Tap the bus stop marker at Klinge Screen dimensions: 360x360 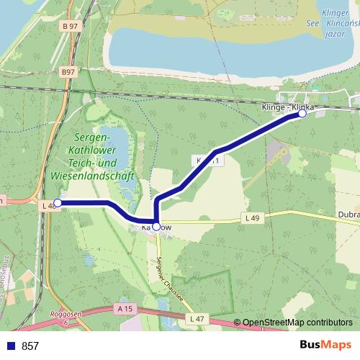click(302, 113)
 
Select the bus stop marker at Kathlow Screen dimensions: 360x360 click(156, 226)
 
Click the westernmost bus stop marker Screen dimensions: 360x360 click(58, 203)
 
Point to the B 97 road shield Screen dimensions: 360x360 click(70, 27)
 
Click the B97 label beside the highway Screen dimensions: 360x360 click(68, 72)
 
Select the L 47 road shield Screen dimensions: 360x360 click(194, 318)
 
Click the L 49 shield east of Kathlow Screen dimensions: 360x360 click(251, 217)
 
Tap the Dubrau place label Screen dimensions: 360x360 click(348, 214)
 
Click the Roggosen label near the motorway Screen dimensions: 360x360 click(65, 315)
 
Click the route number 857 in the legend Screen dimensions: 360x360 click(30, 346)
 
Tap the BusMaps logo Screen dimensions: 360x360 click(325, 346)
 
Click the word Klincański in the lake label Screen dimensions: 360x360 click(337, 23)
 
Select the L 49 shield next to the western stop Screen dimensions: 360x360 click(48, 206)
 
